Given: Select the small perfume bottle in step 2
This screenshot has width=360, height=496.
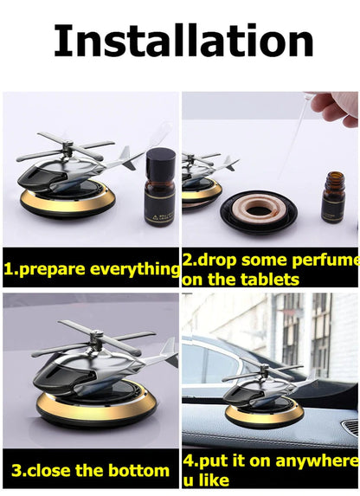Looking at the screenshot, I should [333, 199].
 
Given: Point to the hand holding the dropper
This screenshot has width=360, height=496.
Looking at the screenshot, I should [337, 108].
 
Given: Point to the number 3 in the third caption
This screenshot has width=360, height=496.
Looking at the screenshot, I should [17, 471].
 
